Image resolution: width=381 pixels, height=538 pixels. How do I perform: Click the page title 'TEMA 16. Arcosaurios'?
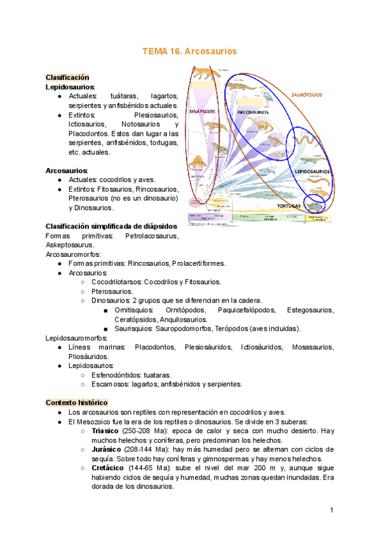coord(190,52)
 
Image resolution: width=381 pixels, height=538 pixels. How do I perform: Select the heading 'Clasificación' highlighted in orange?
coord(67,77)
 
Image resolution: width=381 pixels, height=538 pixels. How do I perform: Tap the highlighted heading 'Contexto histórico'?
coord(77,403)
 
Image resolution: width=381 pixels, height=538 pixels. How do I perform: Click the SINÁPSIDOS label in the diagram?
coord(202,110)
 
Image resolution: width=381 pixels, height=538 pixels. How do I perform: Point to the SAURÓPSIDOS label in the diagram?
coord(306,95)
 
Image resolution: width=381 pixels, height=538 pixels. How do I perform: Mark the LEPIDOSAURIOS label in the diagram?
coord(312,171)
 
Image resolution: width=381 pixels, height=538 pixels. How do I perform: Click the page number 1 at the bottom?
coord(331,510)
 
